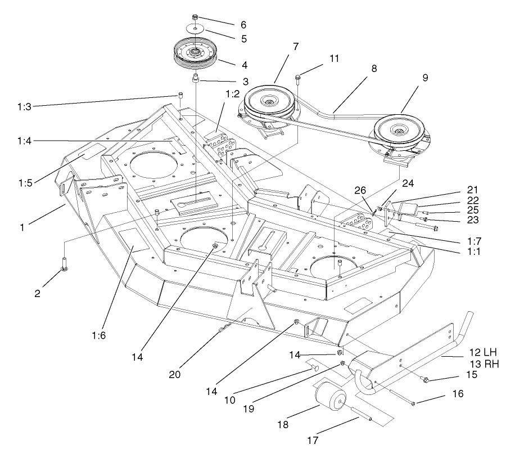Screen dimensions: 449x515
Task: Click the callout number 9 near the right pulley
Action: point(426,78)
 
